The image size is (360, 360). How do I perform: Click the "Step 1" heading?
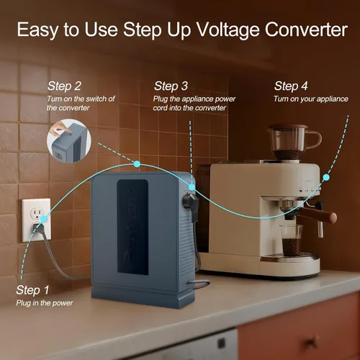pos(32,290)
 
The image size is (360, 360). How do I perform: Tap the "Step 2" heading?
pos(64,86)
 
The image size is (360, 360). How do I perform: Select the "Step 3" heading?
pos(171,86)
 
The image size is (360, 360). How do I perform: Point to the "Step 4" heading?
pos(291,86)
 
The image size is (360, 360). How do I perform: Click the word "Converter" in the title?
pos(306,30)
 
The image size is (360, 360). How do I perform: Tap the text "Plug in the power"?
pos(45,303)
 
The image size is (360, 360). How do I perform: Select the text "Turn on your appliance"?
pos(311,99)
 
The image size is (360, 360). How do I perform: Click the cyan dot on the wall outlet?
pos(44,219)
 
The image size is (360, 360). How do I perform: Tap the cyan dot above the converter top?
pos(137,164)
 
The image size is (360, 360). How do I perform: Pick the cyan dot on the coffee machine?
pos(326,177)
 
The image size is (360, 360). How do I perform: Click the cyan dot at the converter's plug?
pos(192,187)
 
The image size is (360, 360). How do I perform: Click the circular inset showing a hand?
pos(69,141)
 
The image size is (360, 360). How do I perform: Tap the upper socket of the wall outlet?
pos(37,212)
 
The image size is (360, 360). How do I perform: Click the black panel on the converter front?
pos(132,227)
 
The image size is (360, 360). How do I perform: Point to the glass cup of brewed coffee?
pos(292,240)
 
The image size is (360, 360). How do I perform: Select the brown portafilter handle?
pos(318,214)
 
